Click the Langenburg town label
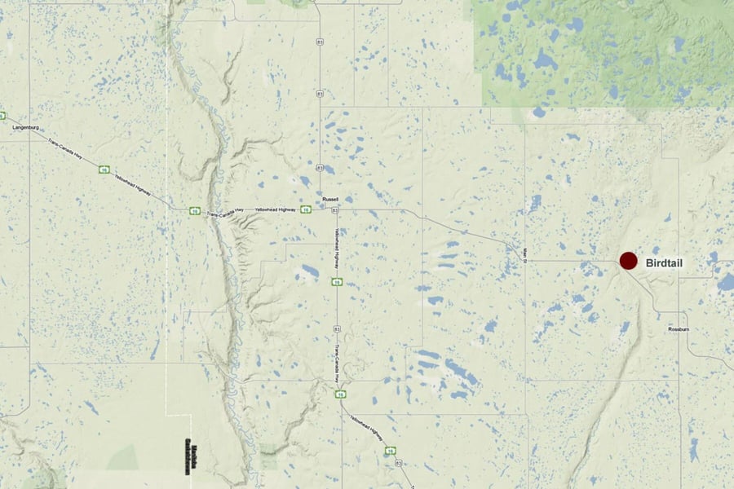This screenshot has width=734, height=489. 27,128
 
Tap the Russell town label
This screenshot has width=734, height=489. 330,199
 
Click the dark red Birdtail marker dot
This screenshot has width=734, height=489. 628,261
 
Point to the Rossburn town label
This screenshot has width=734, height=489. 679,328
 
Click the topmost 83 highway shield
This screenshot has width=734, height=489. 320,40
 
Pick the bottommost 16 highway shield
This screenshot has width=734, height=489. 391,450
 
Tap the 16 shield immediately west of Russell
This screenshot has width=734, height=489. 304,209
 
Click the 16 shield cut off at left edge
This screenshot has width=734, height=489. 2,116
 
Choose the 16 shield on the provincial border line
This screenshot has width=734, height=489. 195,211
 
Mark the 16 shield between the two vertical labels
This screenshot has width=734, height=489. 336,283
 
